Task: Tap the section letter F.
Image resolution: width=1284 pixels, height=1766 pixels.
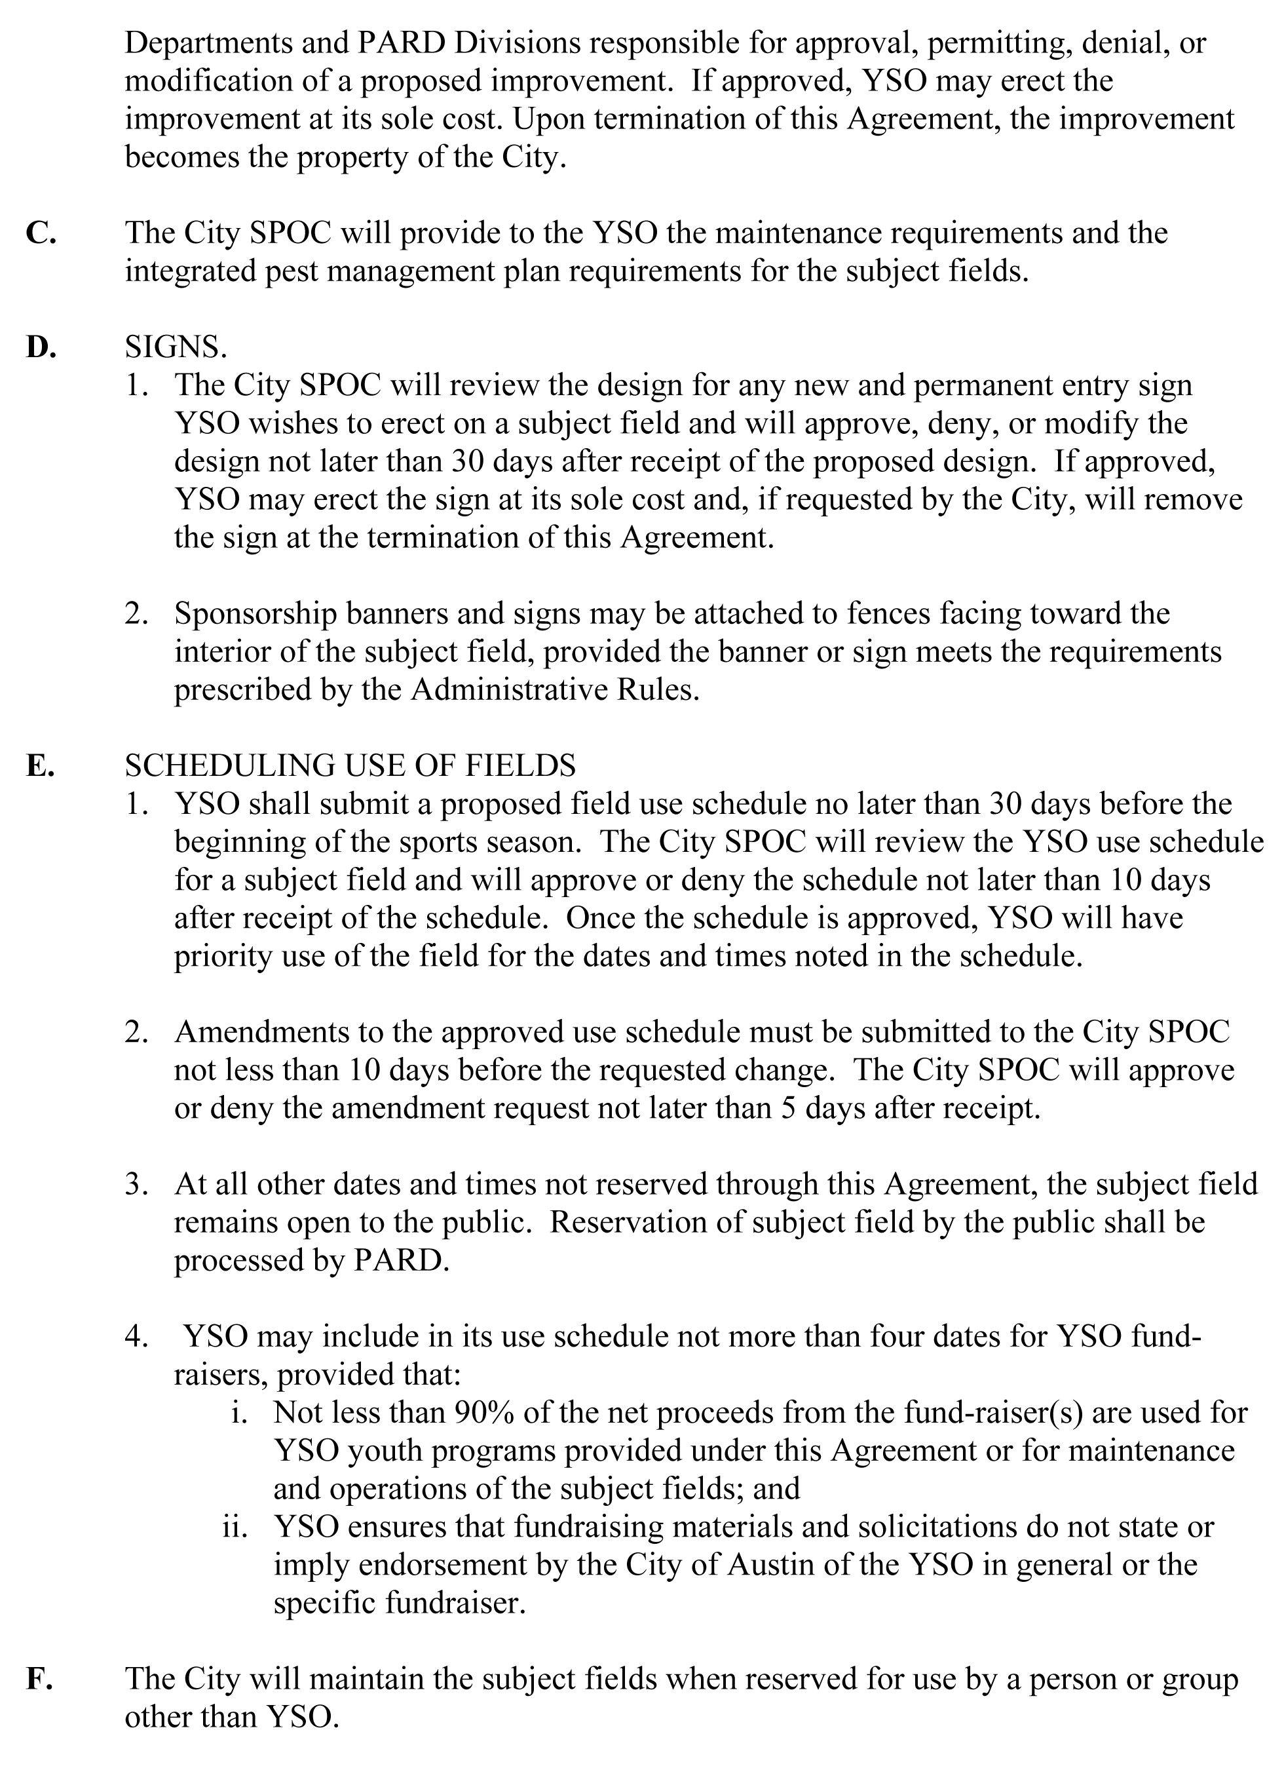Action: click(39, 1679)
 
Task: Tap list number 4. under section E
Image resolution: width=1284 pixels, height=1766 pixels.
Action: click(136, 1337)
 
